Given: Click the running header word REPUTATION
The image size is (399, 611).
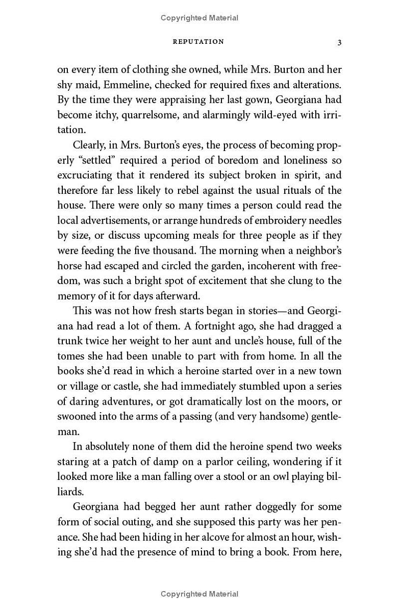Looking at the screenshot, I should click(x=198, y=42).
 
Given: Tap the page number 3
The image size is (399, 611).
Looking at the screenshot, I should click(x=339, y=42).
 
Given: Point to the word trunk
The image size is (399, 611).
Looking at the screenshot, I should click(x=69, y=341).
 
